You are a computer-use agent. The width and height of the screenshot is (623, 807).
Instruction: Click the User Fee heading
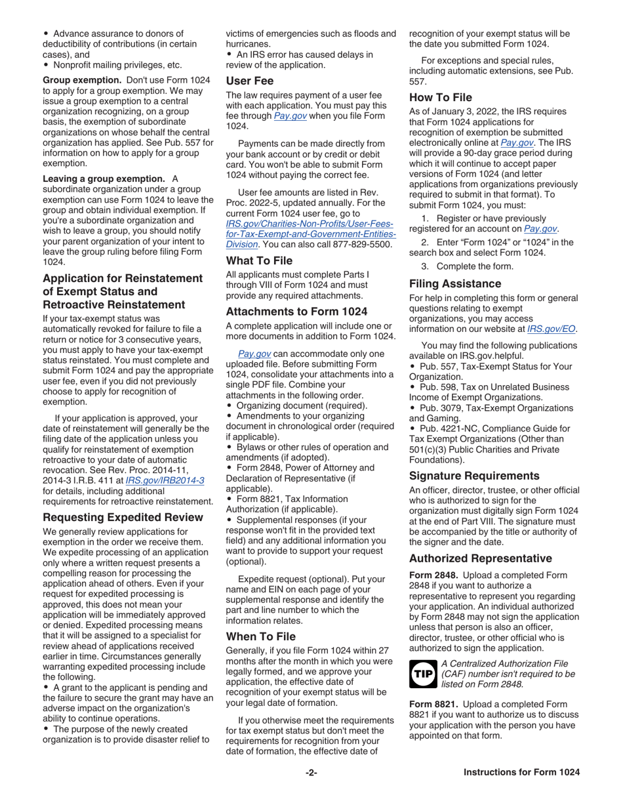[251, 82]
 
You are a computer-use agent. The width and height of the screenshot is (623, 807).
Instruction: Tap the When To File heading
[261, 636]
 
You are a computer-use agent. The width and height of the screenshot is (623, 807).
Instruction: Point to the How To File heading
[441, 98]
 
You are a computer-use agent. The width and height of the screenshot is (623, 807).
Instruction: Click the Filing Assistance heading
[455, 283]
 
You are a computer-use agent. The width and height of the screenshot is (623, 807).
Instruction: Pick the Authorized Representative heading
[480, 558]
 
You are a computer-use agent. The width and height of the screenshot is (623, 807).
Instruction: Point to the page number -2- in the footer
[311, 791]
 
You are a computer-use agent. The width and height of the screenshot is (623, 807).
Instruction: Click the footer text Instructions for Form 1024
[521, 791]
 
